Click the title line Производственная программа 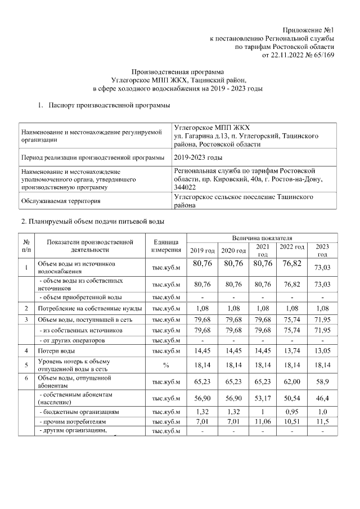(x=177, y=73)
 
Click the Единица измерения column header (x=166, y=246)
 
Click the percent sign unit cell (x=166, y=365)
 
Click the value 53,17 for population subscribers (x=263, y=399)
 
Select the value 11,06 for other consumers (x=263, y=421)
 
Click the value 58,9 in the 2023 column (x=322, y=382)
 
